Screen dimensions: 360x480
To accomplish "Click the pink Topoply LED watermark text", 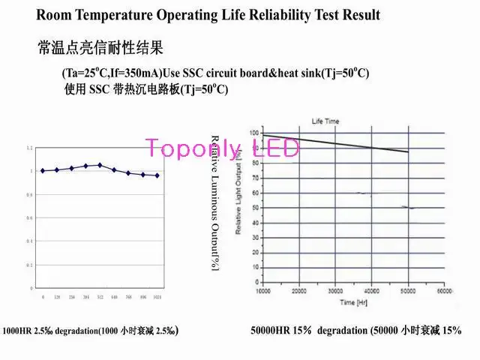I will click(222, 147).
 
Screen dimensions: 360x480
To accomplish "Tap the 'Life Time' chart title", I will click(325, 121).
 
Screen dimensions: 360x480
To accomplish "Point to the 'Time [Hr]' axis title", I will click(353, 301).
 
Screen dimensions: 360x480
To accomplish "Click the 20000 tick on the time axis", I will click(299, 290).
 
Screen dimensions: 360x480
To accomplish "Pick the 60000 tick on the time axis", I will click(445, 290).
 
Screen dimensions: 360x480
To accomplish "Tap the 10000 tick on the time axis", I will click(263, 290).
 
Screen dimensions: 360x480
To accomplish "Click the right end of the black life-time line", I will click(408, 152).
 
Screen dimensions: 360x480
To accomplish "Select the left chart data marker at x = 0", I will click(43, 171).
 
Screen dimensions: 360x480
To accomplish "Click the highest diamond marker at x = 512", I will click(100, 165).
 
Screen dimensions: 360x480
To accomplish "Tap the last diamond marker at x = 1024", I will click(157, 175).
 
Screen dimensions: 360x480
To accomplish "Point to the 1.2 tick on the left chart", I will click(30, 148).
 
